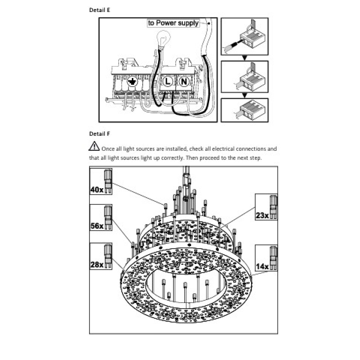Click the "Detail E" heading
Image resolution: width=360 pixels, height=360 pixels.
(100, 10)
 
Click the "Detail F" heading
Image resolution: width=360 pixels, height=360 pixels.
(99, 133)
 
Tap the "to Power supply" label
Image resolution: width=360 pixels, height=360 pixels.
(173, 23)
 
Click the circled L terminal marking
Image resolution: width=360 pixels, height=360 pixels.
(168, 82)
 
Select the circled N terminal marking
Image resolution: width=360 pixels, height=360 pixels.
(184, 82)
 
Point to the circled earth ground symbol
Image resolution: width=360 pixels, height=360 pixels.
(132, 82)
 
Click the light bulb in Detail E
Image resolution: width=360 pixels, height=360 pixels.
(163, 39)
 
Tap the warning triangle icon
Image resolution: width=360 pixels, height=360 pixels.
(94, 146)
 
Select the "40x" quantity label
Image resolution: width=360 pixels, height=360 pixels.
(97, 190)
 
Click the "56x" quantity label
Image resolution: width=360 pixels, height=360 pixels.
(97, 226)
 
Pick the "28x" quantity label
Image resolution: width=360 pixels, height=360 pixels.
(97, 265)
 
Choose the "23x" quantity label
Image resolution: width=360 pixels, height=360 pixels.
(262, 215)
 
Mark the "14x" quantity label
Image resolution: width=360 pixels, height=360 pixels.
(262, 266)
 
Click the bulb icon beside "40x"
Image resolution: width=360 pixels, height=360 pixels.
(108, 181)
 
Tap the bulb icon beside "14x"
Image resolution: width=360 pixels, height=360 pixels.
(273, 258)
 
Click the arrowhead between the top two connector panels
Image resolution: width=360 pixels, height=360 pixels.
(244, 58)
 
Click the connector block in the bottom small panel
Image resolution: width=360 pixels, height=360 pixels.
(253, 110)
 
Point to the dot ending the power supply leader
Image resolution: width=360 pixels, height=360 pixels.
(209, 23)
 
